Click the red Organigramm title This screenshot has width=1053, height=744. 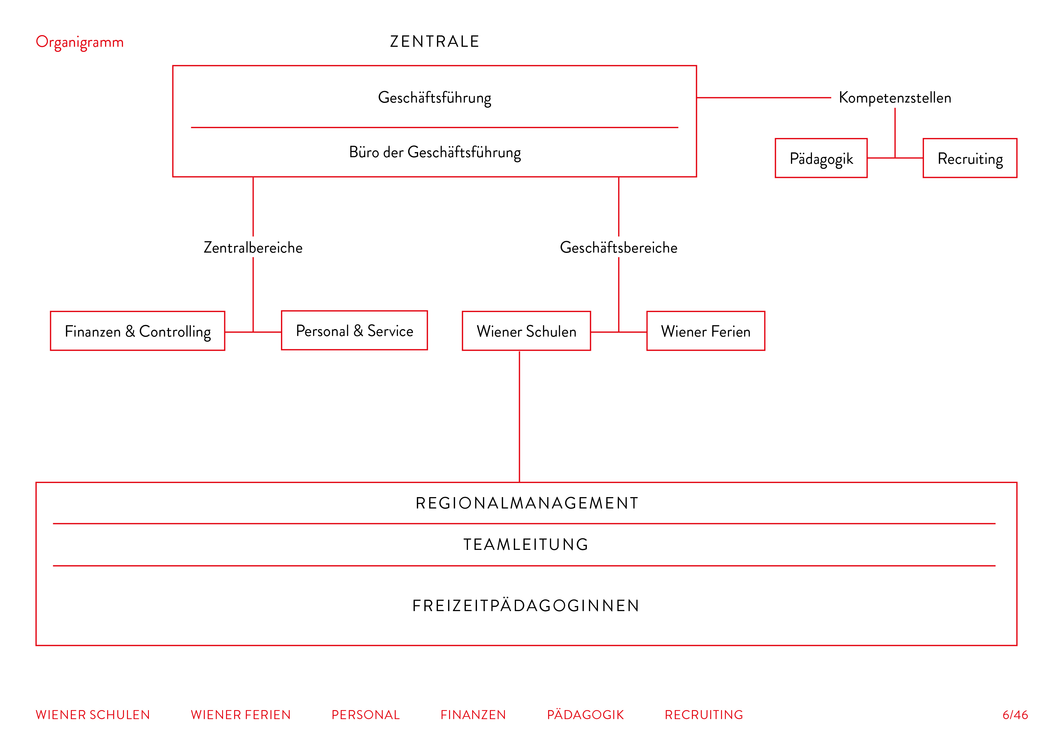pos(80,42)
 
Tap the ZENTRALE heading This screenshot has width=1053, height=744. pos(435,42)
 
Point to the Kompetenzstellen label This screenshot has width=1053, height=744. pos(895,97)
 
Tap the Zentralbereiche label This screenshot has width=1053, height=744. pos(253,247)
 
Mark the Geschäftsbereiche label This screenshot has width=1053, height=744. pos(619,247)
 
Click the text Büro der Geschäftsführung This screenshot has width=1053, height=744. pos(435,152)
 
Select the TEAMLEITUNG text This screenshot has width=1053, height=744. pos(526,544)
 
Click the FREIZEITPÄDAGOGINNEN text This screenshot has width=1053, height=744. pos(526,606)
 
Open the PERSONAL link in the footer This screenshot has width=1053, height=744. pos(366,715)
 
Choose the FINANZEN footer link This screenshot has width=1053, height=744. pos(473,715)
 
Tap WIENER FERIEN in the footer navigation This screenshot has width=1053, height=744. pos(241,715)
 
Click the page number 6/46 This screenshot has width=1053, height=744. pos(1015,715)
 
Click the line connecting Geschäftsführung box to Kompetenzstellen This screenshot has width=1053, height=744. pos(764,97)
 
